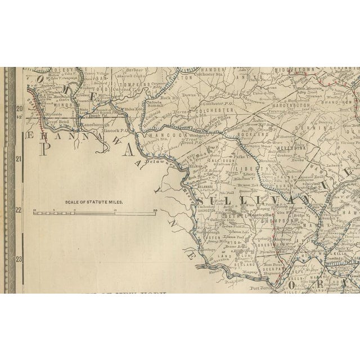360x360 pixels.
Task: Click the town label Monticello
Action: point(260,215)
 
